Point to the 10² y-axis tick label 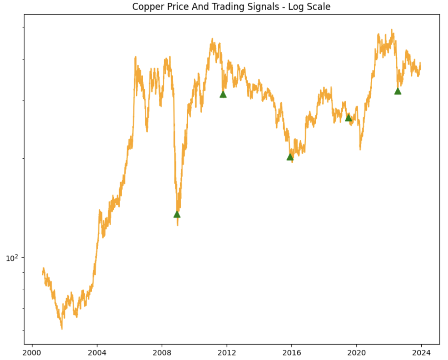pyautogui.click(x=13, y=258)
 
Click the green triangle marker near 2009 pyautogui.click(x=177, y=214)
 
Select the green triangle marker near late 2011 pyautogui.click(x=223, y=94)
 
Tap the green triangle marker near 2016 pyautogui.click(x=290, y=157)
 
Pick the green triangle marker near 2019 pyautogui.click(x=348, y=118)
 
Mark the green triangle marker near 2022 pyautogui.click(x=398, y=91)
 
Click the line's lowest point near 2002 pyautogui.click(x=62, y=328)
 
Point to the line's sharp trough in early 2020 pyautogui.click(x=360, y=149)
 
